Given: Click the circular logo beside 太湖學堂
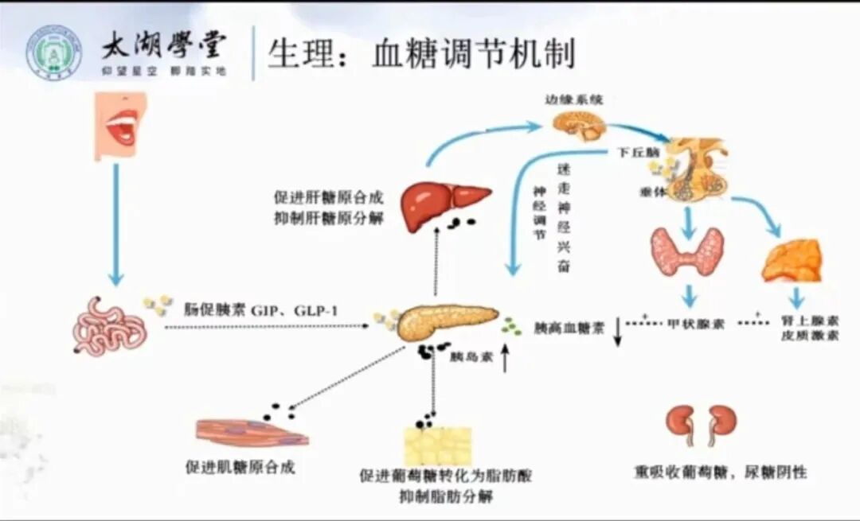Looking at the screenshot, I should click(x=53, y=52).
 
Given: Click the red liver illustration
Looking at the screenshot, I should click(x=442, y=204).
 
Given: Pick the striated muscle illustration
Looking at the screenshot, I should click(x=250, y=433).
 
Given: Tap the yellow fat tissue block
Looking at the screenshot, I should click(x=437, y=446).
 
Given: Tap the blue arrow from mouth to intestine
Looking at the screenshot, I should click(x=116, y=223).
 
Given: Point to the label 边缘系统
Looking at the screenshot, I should click(x=574, y=100).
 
